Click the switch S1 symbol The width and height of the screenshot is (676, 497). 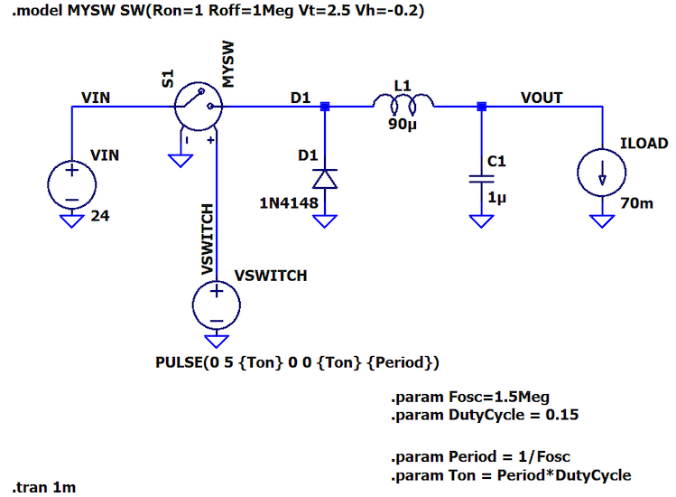coord(197,106)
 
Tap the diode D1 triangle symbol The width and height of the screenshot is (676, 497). coord(326,178)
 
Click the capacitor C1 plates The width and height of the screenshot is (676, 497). coord(481,179)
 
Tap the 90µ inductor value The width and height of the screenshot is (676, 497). coord(403,125)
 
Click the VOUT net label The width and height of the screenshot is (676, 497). coord(542,98)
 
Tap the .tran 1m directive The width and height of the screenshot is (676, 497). coord(45,487)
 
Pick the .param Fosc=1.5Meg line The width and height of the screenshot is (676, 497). coord(469,397)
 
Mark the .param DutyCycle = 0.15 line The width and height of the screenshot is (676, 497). coord(485,416)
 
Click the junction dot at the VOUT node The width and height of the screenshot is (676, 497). coord(481,107)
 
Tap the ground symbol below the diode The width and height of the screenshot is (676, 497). coord(326,220)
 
